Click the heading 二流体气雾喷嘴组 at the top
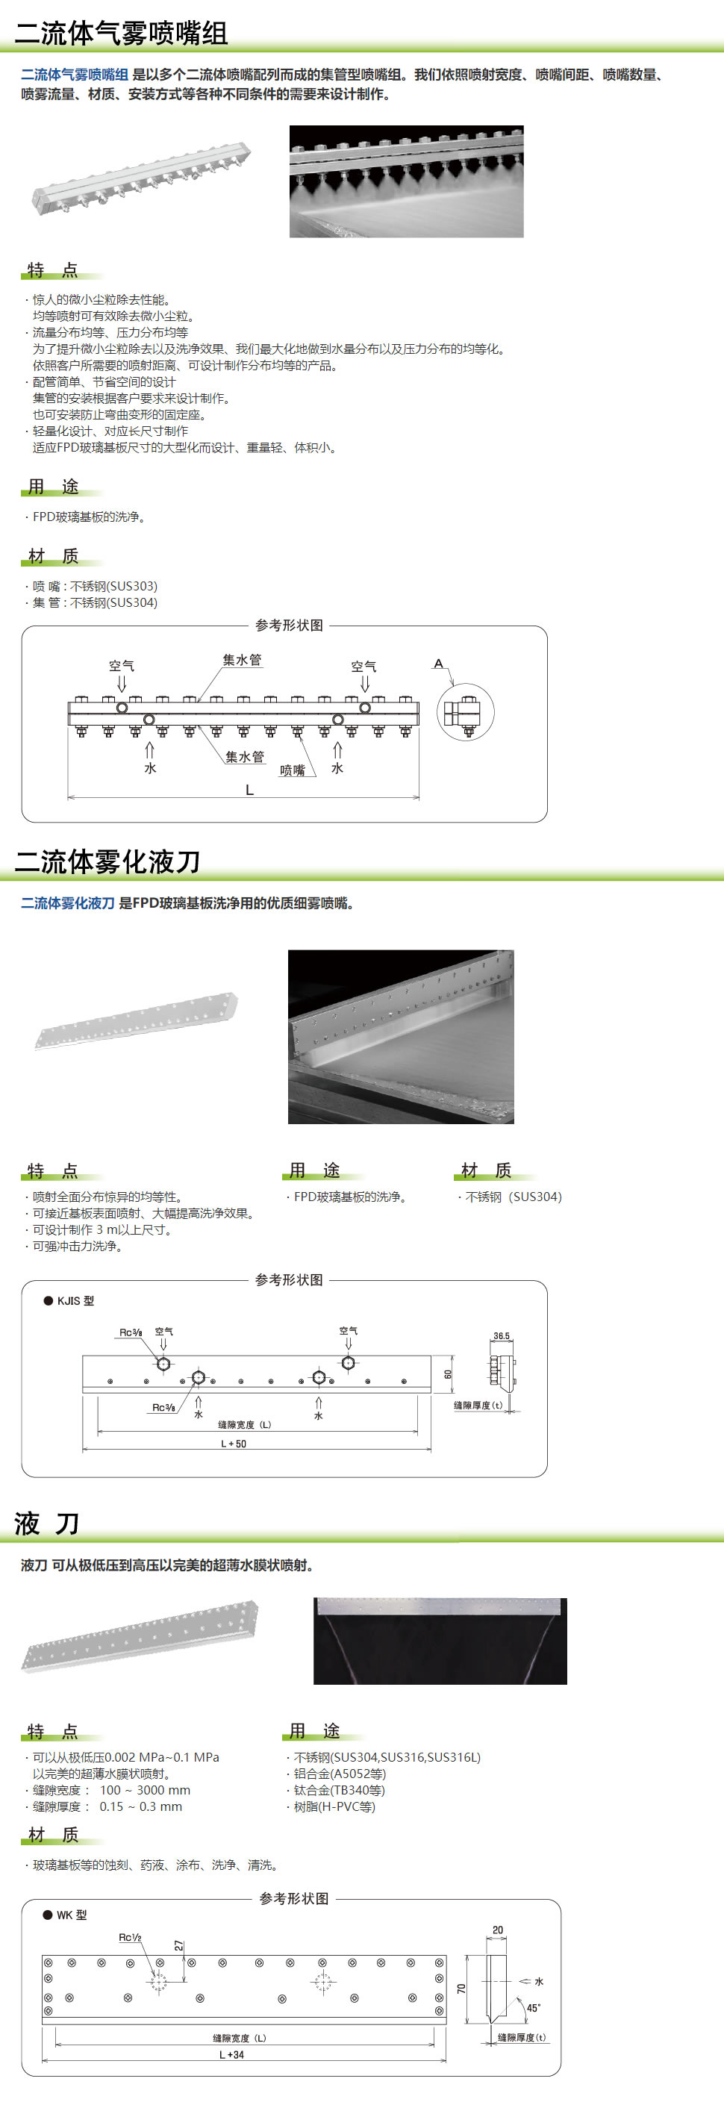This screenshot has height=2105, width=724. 121,32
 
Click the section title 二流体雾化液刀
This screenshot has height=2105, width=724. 107,861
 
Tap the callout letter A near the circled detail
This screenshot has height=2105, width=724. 439,664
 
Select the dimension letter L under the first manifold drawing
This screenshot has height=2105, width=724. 249,790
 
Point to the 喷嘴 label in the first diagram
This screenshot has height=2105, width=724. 292,770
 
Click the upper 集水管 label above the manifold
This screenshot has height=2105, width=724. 242,659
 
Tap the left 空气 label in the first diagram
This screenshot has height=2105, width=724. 122,666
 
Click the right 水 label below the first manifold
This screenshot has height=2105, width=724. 337,768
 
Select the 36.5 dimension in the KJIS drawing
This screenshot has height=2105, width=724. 501,1336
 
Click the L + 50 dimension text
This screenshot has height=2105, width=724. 234,1444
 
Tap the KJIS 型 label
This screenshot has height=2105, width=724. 75,1301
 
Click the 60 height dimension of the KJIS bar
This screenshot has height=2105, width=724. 448,1374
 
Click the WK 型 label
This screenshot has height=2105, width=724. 71,1915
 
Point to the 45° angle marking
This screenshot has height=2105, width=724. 533,2008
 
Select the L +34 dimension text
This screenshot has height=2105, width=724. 231,2054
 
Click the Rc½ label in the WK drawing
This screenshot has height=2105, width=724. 130,1938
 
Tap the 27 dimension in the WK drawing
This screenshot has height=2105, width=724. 179,1947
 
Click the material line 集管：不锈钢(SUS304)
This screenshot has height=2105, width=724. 95,602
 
